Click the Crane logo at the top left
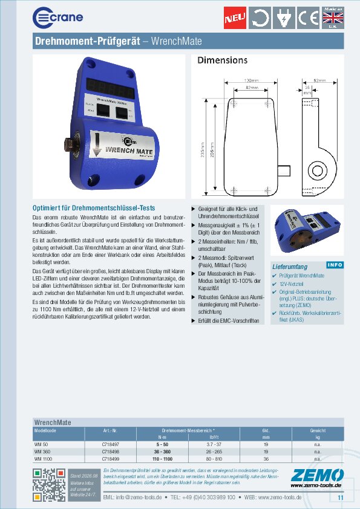click(x=57, y=17)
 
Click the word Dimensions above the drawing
click(x=222, y=60)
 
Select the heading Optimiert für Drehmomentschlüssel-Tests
click(x=93, y=208)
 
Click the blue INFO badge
click(x=334, y=265)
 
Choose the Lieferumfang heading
click(x=290, y=266)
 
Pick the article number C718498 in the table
click(x=111, y=452)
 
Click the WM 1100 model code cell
click(x=44, y=459)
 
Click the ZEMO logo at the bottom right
click(x=316, y=476)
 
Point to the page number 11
click(x=339, y=498)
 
